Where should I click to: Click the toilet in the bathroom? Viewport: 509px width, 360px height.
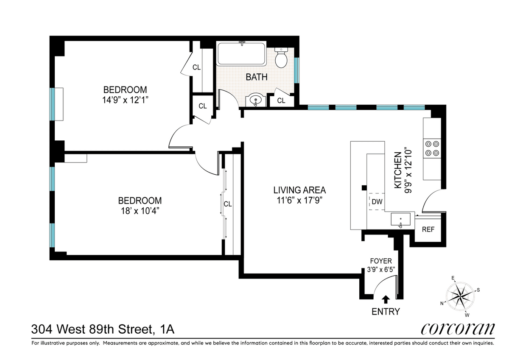coord(281,58)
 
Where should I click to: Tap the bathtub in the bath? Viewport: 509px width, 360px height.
coord(241,53)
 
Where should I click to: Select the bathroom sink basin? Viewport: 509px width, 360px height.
coord(256,100)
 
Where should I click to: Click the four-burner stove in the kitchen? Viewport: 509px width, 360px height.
coord(432,148)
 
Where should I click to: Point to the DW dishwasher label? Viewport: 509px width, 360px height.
coord(377,201)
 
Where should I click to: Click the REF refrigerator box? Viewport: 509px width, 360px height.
coord(428,230)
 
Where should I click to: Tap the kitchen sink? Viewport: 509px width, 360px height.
coord(400,219)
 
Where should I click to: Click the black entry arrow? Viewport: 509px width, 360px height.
coord(386,299)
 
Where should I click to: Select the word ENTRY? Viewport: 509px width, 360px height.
coord(386,312)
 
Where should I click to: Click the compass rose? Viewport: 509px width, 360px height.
coord(460,296)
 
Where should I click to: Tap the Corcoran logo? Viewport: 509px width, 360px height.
coord(458,329)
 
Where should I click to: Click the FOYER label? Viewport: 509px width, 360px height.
coord(381,261)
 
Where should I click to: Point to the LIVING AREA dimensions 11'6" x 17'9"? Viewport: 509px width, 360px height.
coord(299,201)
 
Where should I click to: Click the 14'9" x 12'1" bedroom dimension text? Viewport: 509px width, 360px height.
coord(125,100)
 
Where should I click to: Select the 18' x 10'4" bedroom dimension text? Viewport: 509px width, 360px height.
coord(140,211)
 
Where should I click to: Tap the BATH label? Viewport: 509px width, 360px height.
coord(257,77)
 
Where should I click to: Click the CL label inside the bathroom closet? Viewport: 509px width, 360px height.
coord(281,100)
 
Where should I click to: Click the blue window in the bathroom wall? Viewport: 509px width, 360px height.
coord(297,70)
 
